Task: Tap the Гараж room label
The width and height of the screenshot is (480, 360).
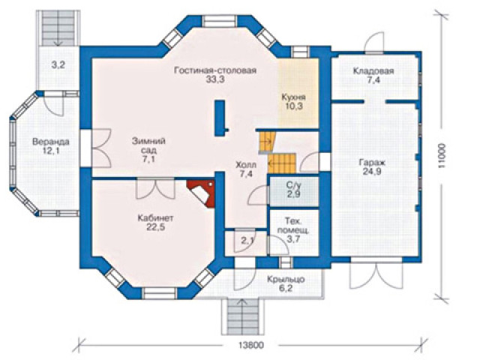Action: tap(372, 163)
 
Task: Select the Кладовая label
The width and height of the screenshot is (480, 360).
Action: tap(373, 71)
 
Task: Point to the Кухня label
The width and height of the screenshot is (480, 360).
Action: tap(293, 97)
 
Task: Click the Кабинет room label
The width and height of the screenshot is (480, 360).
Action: tap(155, 218)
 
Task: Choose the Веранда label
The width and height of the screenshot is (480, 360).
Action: tap(51, 142)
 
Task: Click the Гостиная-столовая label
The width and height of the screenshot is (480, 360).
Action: tap(215, 70)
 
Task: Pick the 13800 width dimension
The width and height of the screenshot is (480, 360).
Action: tap(250, 345)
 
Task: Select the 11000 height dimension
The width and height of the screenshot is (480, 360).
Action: tap(442, 156)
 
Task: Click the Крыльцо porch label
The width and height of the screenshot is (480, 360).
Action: tap(286, 280)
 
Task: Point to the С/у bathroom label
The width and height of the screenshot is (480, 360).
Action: tap(293, 185)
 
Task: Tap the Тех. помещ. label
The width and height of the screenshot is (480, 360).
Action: tap(293, 226)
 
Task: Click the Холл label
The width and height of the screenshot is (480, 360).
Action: tap(246, 166)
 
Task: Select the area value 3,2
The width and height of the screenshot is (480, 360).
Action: tap(58, 65)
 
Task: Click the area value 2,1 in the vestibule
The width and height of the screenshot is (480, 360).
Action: tap(247, 241)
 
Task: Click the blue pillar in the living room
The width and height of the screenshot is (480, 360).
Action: tap(220, 118)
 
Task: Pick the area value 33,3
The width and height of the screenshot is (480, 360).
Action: tap(215, 79)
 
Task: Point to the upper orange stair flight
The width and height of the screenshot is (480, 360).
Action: tap(266, 141)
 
